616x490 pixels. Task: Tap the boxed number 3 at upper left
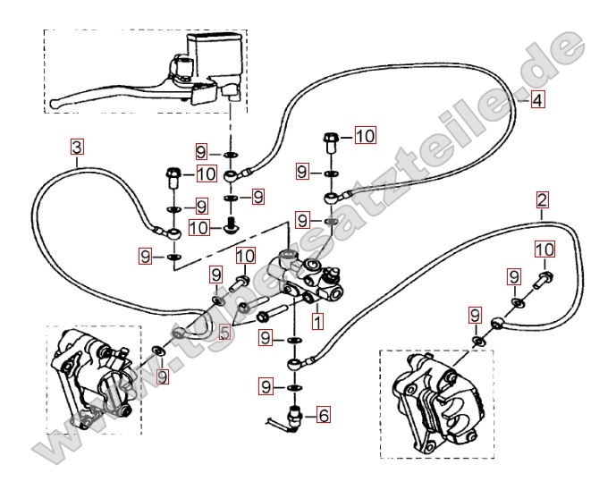pos(78,145)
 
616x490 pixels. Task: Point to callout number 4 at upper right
pos(536,101)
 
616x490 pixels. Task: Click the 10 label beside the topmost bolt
pos(365,136)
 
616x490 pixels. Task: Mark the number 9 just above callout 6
pos(266,385)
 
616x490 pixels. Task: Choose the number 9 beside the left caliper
pos(162,377)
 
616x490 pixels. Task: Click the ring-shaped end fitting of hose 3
pos(173,232)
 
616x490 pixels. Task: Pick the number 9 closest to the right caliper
pos(475,315)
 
